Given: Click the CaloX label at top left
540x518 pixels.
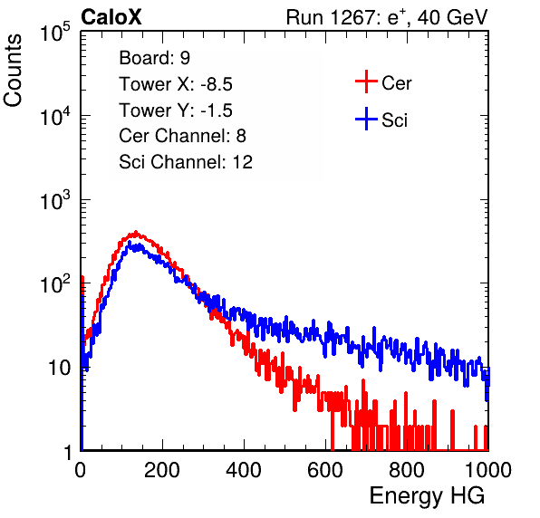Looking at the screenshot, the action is point(111,17).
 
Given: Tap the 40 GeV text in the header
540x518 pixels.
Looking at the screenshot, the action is point(453,17).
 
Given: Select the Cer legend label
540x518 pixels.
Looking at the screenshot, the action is point(396,83).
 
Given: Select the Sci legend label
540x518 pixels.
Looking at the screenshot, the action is point(394,120).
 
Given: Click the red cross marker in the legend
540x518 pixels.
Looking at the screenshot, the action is point(366,82).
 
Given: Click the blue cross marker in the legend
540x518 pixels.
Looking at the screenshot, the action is point(366,119).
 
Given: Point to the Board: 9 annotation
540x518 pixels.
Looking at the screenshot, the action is point(155,58).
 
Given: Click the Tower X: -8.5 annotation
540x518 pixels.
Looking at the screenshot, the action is point(176,84).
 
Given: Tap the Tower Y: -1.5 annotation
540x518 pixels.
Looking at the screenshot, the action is point(176,110).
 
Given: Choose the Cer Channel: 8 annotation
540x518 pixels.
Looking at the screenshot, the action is point(182,136).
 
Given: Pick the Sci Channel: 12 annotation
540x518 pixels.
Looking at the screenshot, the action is point(186,162).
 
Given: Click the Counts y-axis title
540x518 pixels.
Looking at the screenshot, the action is point(13,71).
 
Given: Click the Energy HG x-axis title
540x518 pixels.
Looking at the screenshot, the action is point(427,496).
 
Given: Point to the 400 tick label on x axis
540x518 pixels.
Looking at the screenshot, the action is point(244,470).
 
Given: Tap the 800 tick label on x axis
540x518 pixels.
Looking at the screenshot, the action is point(407,470).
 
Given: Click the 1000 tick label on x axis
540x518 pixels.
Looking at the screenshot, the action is point(488,470).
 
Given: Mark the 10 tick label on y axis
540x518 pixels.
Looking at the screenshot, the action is point(60,368).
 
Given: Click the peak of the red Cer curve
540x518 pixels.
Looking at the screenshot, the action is point(136,232).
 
